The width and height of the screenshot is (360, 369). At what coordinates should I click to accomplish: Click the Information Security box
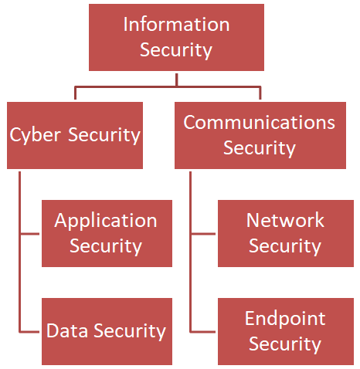[176, 37]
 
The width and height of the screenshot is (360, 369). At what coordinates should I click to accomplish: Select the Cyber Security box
[75, 135]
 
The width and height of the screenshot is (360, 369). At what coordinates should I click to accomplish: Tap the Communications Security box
[259, 135]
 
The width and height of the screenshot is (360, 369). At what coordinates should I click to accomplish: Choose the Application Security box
[107, 233]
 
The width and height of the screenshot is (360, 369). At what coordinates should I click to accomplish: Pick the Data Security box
[107, 331]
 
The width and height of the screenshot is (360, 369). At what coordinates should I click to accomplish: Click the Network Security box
[284, 233]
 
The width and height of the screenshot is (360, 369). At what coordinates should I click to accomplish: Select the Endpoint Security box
[284, 331]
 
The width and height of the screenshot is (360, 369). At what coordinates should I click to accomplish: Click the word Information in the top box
[176, 24]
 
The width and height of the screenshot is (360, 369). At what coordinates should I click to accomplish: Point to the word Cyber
[36, 136]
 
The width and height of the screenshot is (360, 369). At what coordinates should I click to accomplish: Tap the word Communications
[259, 122]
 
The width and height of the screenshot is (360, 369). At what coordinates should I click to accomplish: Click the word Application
[106, 221]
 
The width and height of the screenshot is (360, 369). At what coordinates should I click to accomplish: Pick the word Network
[285, 221]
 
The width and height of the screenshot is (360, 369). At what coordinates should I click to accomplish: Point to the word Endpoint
[285, 319]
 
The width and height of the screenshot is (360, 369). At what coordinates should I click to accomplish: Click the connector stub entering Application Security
[30, 233]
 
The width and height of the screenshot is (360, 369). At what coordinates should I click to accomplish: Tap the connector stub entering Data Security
[30, 331]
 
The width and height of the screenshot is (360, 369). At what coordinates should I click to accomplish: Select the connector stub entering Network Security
[204, 233]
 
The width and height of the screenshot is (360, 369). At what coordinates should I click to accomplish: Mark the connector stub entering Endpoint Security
[204, 331]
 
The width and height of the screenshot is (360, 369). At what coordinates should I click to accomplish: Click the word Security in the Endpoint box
[285, 344]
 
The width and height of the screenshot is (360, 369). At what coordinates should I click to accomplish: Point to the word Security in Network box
[285, 246]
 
